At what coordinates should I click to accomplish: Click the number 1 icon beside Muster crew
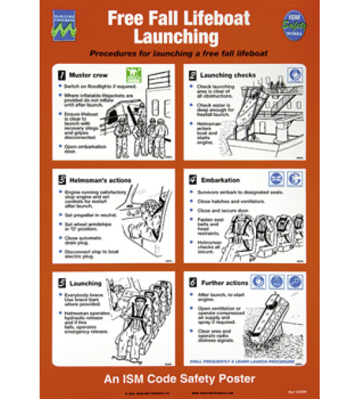62,74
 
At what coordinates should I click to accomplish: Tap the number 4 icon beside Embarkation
193,179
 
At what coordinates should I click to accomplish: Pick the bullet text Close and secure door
223,210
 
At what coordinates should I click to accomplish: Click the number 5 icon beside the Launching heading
62,282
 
